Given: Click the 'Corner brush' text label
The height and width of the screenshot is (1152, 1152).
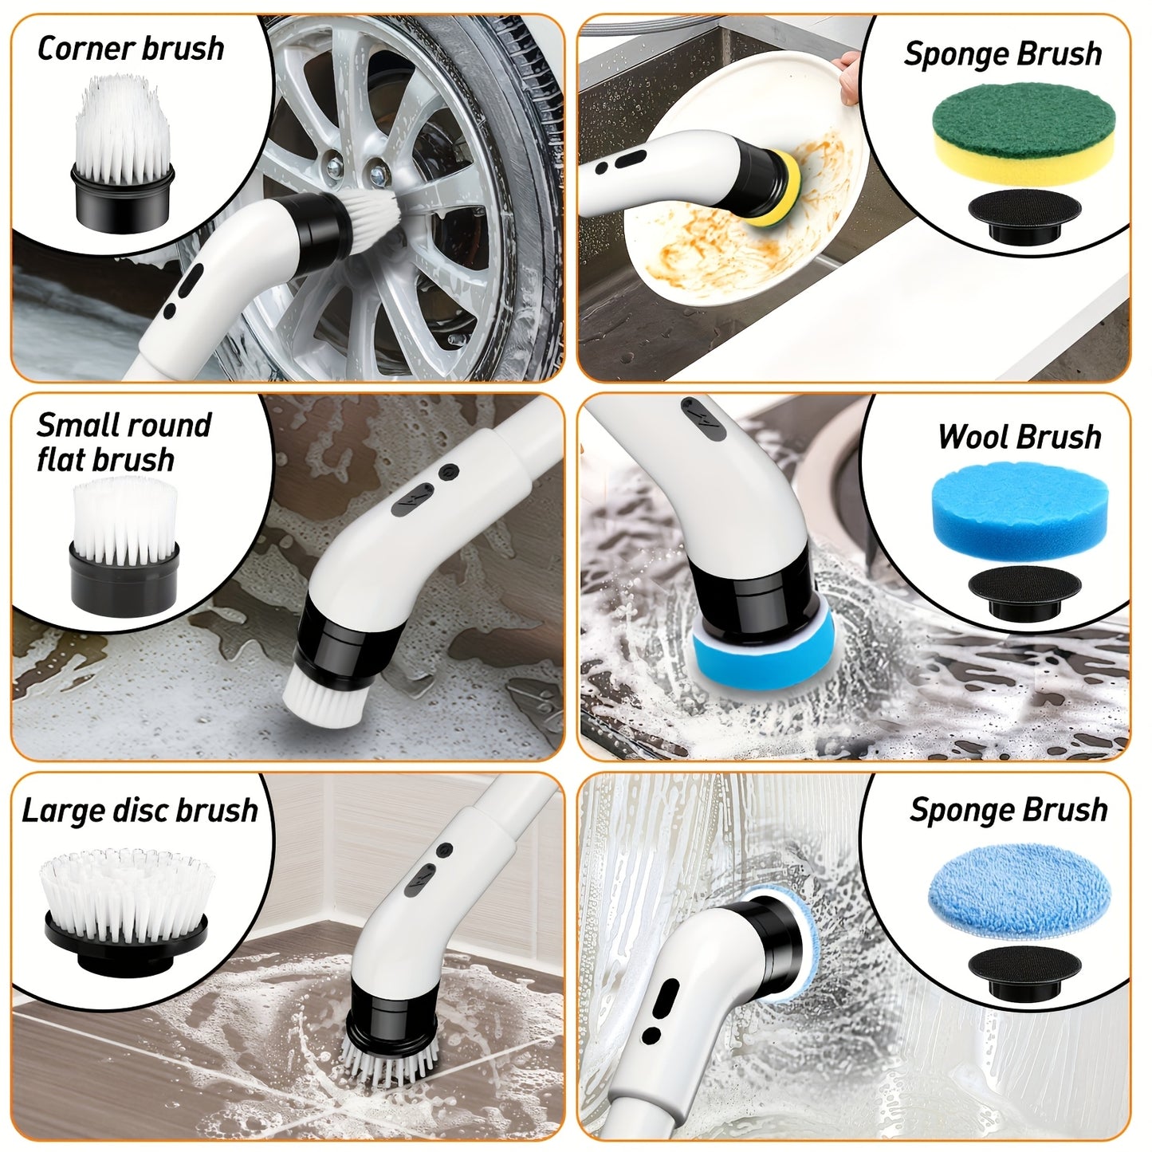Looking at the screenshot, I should pos(131,49).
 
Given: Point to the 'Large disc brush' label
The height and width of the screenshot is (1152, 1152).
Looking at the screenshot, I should pos(140,810).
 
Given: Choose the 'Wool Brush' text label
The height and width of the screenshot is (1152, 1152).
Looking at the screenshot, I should pos(1020,437).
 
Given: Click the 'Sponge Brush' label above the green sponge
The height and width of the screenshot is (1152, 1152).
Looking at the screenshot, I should pos(1003,53).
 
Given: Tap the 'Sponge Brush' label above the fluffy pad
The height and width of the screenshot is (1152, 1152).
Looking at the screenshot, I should pos(1008,809).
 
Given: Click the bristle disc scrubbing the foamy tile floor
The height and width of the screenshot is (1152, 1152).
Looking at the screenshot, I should pos(390,1061).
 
